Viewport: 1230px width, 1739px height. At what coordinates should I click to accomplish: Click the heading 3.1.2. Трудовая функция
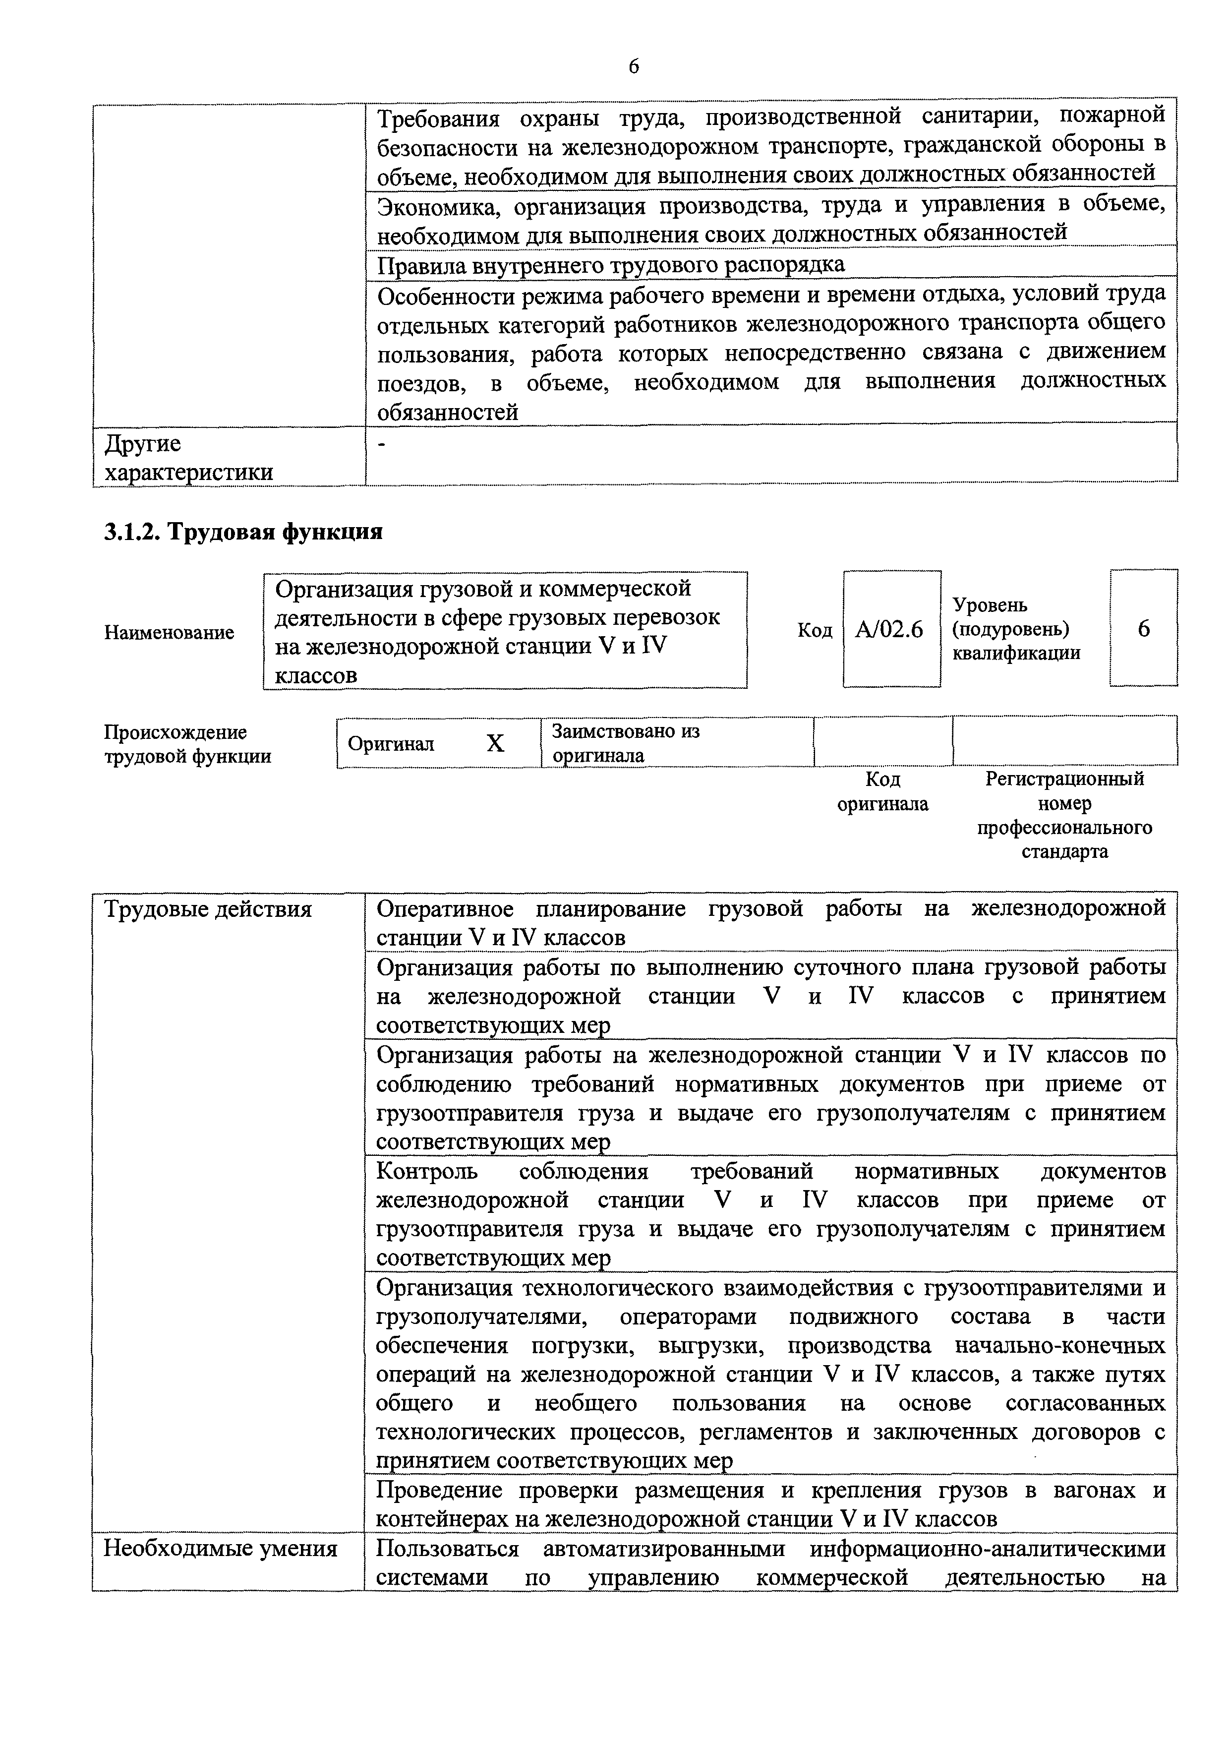coord(242,532)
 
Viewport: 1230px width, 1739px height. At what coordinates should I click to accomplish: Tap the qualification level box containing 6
coord(1144,629)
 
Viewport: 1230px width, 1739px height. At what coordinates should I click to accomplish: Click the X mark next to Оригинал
coord(495,743)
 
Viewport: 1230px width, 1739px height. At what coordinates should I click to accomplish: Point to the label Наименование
coord(169,632)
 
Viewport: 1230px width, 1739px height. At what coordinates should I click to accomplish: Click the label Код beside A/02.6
coord(814,630)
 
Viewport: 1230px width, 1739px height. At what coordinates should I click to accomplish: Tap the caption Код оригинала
coord(882,791)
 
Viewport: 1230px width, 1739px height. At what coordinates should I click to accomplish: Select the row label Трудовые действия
coord(208,909)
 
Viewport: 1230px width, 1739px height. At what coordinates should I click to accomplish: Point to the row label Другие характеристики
coord(188,458)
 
